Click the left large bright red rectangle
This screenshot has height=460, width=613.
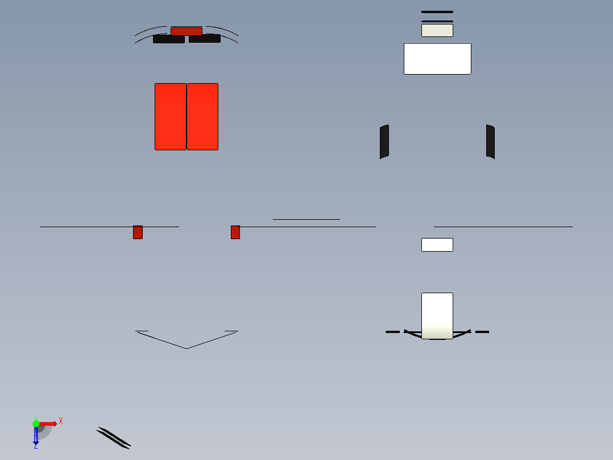pyautogui.click(x=171, y=117)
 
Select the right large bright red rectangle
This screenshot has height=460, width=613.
pyautogui.click(x=202, y=117)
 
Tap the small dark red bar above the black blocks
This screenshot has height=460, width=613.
pyautogui.click(x=187, y=31)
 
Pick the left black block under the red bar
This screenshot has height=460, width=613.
pyautogui.click(x=169, y=39)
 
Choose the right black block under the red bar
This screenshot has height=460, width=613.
pyautogui.click(x=205, y=38)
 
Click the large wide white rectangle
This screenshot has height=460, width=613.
pyautogui.click(x=437, y=59)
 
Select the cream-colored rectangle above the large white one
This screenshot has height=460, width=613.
pyautogui.click(x=437, y=31)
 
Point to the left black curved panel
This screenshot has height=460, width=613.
pyautogui.click(x=384, y=142)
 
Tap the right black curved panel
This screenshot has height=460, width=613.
pyautogui.click(x=490, y=142)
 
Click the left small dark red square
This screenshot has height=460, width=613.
pyautogui.click(x=138, y=232)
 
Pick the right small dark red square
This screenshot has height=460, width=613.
pyautogui.click(x=235, y=232)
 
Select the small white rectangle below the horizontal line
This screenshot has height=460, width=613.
pyautogui.click(x=437, y=245)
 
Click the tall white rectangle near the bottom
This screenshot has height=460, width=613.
pyautogui.click(x=437, y=315)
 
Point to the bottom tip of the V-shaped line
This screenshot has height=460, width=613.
pyautogui.click(x=187, y=348)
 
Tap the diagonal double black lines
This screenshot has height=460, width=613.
pyautogui.click(x=114, y=438)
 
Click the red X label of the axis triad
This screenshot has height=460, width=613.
pyautogui.click(x=61, y=421)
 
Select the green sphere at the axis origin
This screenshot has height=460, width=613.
pyautogui.click(x=36, y=424)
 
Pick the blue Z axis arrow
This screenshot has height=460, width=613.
pyautogui.click(x=36, y=435)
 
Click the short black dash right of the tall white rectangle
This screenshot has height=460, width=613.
pyautogui.click(x=482, y=332)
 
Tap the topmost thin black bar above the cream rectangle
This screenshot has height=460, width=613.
pyautogui.click(x=437, y=12)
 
